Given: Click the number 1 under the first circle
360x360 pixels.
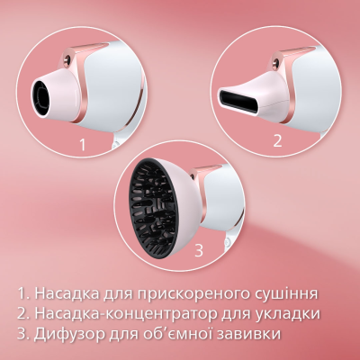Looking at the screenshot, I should click(x=82, y=143).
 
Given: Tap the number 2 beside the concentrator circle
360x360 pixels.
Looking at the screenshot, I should click(x=277, y=139).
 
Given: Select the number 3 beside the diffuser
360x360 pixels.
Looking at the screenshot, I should click(x=199, y=250).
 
